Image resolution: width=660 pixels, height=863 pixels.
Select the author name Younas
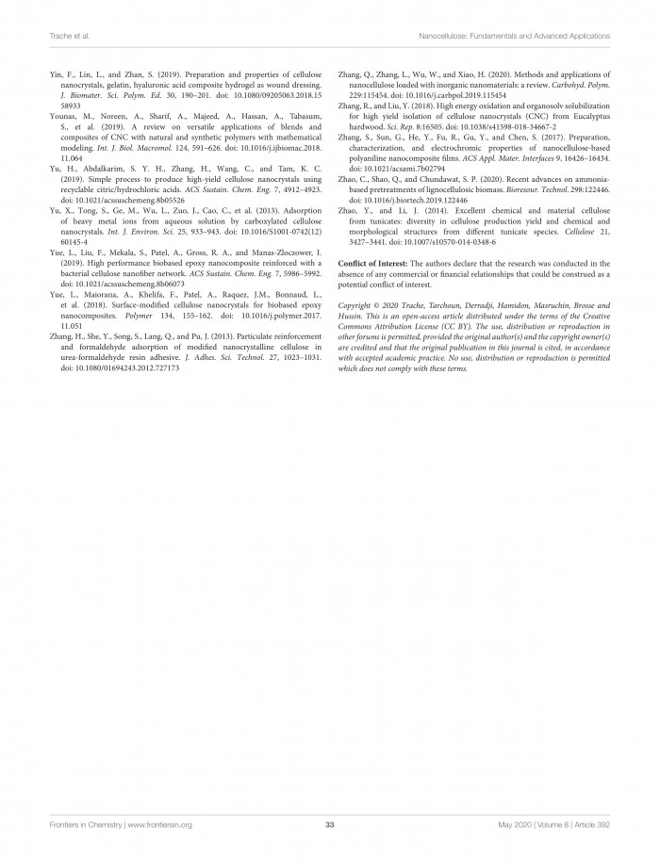pos(65,113)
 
